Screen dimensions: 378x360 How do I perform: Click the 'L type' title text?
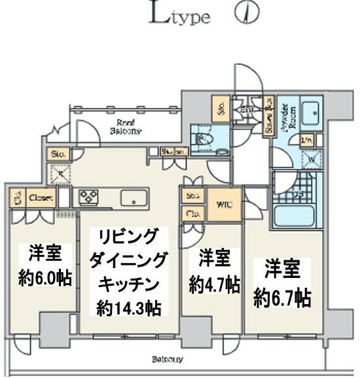(x=181, y=15)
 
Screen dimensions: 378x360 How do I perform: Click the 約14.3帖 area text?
(x=128, y=305)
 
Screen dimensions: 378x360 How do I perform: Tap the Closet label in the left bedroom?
(x=40, y=196)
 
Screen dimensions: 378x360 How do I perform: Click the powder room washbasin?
(x=310, y=109)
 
